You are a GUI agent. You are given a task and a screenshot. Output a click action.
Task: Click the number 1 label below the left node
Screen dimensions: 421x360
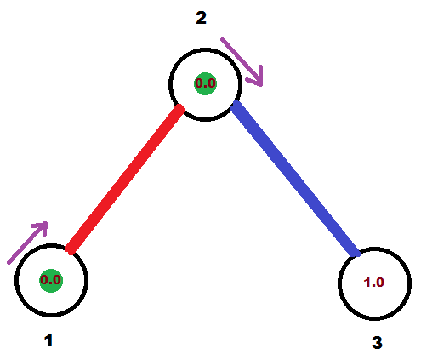pyautogui.click(x=48, y=340)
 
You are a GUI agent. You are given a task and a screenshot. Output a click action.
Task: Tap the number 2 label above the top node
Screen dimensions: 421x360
pyautogui.click(x=201, y=18)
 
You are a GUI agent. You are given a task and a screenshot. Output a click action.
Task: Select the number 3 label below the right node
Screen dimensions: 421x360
pyautogui.click(x=377, y=342)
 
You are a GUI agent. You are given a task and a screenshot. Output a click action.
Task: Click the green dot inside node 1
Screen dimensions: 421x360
pyautogui.click(x=51, y=281)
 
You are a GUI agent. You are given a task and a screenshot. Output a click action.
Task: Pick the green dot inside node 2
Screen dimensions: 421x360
pyautogui.click(x=206, y=83)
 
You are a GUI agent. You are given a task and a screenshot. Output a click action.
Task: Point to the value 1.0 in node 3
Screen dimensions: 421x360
pyautogui.click(x=373, y=283)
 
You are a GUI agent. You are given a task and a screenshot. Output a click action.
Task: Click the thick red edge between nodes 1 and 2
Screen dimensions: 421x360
pyautogui.click(x=125, y=180)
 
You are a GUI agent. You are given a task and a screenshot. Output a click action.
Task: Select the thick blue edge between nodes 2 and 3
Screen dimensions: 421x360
pyautogui.click(x=296, y=179)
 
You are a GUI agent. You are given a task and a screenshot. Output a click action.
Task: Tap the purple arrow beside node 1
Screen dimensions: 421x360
pyautogui.click(x=27, y=243)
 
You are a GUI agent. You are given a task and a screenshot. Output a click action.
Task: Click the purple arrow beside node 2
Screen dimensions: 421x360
pyautogui.click(x=242, y=61)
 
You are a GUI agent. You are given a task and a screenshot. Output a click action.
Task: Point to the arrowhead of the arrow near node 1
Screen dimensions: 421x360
pyautogui.click(x=46, y=223)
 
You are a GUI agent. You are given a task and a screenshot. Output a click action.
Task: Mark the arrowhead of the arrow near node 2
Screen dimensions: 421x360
pyautogui.click(x=261, y=84)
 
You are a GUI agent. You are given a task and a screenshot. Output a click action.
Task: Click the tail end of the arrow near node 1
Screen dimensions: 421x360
pyautogui.click(x=9, y=263)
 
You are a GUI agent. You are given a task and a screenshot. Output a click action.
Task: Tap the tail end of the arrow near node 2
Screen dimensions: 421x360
pyautogui.click(x=222, y=39)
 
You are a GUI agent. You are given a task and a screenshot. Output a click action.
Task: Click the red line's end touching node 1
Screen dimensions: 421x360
pyautogui.click(x=70, y=250)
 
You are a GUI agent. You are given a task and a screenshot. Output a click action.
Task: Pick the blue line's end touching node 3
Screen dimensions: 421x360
pyautogui.click(x=356, y=253)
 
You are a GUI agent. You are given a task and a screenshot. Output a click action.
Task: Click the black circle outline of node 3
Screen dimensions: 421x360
pyautogui.click(x=374, y=248)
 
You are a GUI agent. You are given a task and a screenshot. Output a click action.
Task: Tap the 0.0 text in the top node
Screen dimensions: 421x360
pyautogui.click(x=206, y=83)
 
